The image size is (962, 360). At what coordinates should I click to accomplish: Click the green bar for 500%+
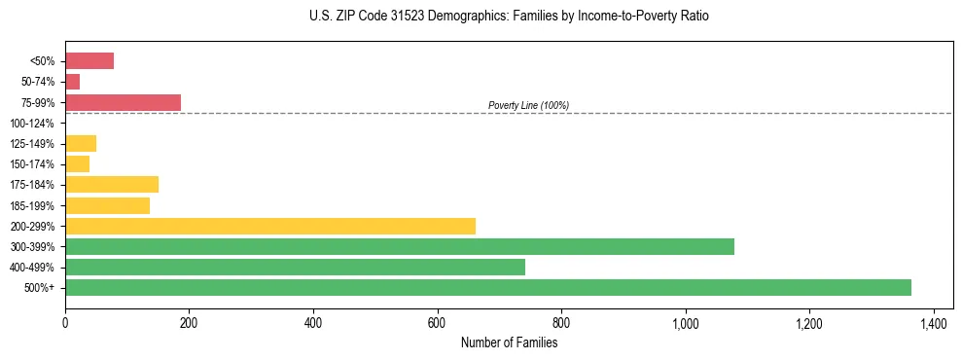tap(487, 287)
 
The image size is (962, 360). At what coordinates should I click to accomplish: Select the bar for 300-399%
tap(399, 246)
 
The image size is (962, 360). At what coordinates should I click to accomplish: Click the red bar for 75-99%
tap(123, 102)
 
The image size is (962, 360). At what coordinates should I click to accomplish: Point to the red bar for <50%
tap(89, 61)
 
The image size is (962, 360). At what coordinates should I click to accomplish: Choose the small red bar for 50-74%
tap(72, 82)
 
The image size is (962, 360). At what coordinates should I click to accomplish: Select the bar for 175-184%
tap(111, 185)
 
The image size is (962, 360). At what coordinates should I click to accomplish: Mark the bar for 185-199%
tap(107, 205)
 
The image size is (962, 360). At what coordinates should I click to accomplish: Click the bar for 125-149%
tap(81, 144)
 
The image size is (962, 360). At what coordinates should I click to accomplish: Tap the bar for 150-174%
tap(77, 164)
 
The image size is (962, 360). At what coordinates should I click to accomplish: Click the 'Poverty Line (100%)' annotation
tap(528, 105)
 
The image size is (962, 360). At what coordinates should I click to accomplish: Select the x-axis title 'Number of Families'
tap(509, 342)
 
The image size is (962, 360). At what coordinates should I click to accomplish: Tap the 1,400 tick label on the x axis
tap(933, 322)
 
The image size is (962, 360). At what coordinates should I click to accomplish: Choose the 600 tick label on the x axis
tap(437, 322)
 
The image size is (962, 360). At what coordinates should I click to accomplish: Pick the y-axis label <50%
tap(43, 61)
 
